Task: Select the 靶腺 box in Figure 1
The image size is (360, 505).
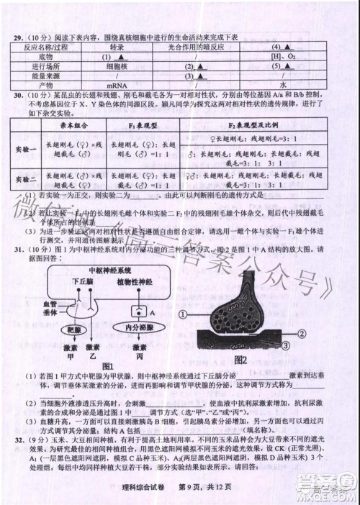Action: [74, 327]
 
